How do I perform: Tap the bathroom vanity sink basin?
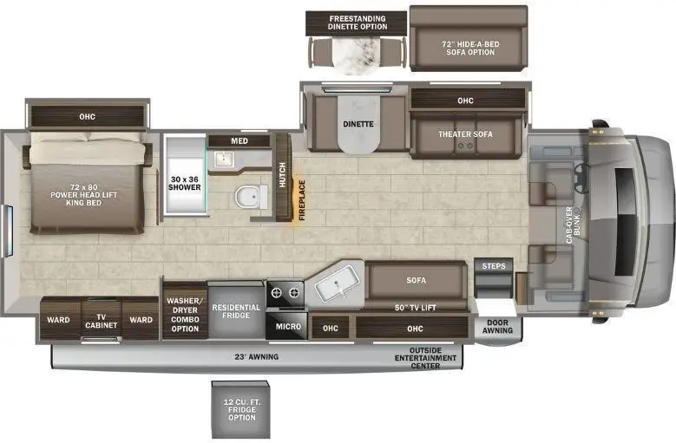pos(224,159)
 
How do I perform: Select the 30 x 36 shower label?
pos(185,184)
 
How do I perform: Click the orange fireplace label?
pos(302,200)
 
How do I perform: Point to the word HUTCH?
pos(282,175)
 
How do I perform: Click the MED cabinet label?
pos(240,140)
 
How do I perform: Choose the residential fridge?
pos(236,311)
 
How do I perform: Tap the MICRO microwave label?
pos(288,327)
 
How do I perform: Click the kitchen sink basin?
pos(337,283)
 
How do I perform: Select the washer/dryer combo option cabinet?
pos(185,311)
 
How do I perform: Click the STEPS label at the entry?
pos(494,266)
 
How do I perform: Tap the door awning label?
pos(497,327)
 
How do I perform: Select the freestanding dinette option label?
pos(358,23)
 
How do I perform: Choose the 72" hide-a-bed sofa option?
pos(469,39)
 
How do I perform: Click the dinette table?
pos(358,124)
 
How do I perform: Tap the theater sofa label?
pos(466,134)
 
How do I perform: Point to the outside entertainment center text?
pos(425,358)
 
